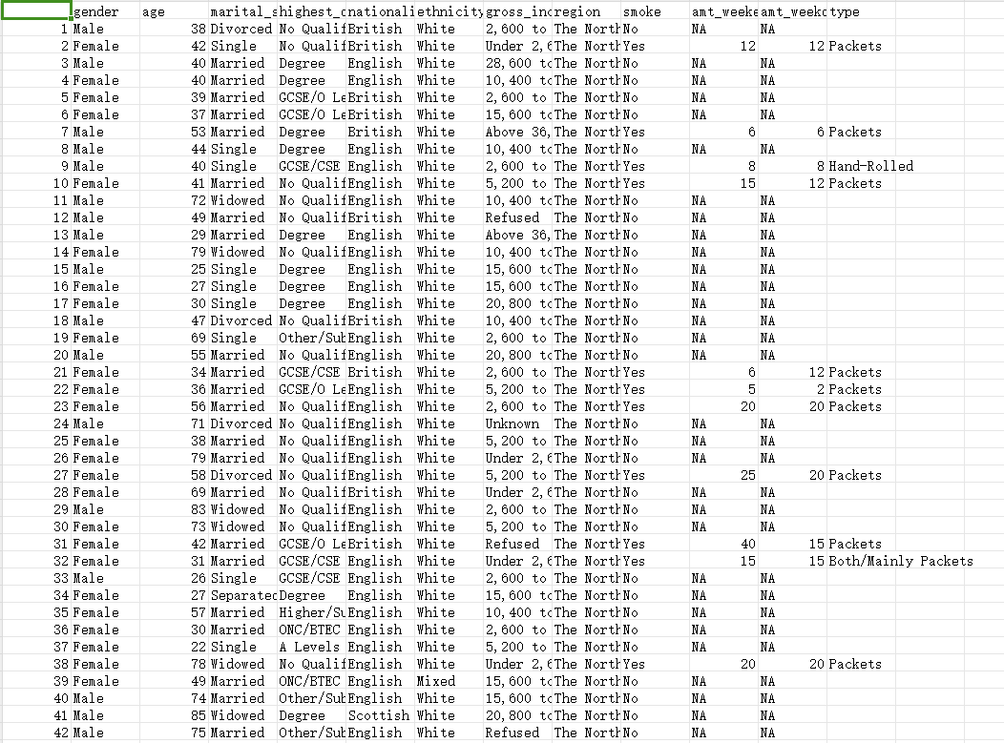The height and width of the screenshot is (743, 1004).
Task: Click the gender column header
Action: click(96, 11)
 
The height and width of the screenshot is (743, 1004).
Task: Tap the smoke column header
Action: click(641, 11)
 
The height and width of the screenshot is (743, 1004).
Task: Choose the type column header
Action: click(845, 11)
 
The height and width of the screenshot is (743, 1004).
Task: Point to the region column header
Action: click(577, 11)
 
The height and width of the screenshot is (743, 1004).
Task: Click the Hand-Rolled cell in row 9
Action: click(870, 166)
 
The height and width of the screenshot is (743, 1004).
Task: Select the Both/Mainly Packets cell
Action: click(900, 561)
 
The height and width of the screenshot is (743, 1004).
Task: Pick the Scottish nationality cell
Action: click(378, 715)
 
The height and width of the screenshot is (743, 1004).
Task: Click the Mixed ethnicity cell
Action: click(435, 681)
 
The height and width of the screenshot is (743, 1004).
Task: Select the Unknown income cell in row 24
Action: click(512, 423)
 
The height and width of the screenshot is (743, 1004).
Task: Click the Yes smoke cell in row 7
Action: click(634, 132)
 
